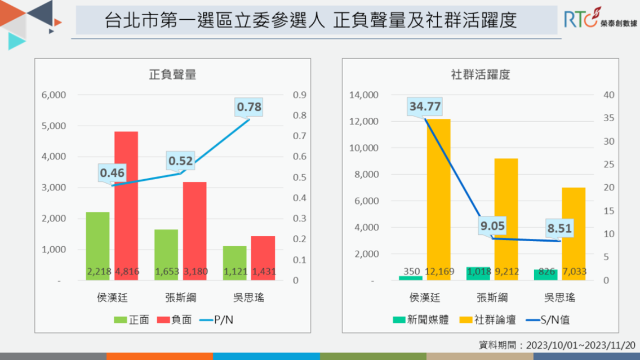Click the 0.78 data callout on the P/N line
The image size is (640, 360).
click(x=249, y=106)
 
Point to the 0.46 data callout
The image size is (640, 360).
click(x=112, y=172)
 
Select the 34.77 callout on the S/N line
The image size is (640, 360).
click(x=425, y=106)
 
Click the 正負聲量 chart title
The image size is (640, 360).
click(x=172, y=74)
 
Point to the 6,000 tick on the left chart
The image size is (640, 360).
click(x=54, y=95)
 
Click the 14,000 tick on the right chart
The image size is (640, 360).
click(x=363, y=95)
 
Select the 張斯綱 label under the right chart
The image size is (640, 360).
click(x=492, y=297)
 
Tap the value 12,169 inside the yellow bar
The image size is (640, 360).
click(x=438, y=272)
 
